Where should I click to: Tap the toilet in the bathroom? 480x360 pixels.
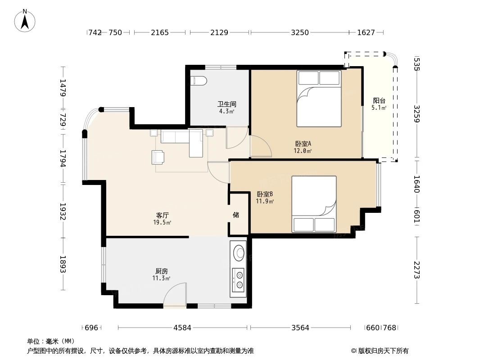(199, 81)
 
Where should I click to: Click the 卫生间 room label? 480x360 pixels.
(226, 104)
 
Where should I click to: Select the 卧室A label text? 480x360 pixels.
(303, 144)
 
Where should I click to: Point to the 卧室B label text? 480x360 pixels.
(265, 194)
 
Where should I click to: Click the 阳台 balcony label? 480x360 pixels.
(379, 101)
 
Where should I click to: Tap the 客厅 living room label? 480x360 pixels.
(162, 216)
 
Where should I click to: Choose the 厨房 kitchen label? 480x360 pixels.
(161, 271)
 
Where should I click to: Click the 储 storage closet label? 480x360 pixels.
(235, 215)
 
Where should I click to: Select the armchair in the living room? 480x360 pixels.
(158, 157)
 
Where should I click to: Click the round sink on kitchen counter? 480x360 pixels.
(239, 253)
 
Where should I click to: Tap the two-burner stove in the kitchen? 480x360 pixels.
(238, 280)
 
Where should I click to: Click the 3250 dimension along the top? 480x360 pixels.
(300, 32)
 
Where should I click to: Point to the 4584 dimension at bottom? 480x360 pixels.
(182, 328)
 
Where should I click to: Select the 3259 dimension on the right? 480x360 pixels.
(417, 114)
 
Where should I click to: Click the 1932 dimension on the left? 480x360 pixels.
(63, 211)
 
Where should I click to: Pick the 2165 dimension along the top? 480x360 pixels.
(159, 32)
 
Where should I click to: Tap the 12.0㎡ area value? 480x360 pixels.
(303, 151)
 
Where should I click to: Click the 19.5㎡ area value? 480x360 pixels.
(162, 222)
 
